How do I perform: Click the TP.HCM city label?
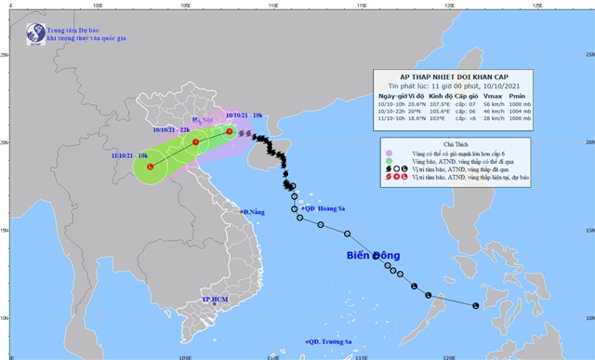point(215,300)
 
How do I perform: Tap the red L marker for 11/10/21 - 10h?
point(151,166)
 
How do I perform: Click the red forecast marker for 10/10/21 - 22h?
point(195,142)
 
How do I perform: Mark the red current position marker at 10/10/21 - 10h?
point(230,131)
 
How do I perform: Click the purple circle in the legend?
point(389,153)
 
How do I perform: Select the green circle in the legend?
point(389,162)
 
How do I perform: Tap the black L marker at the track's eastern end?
point(476,306)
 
